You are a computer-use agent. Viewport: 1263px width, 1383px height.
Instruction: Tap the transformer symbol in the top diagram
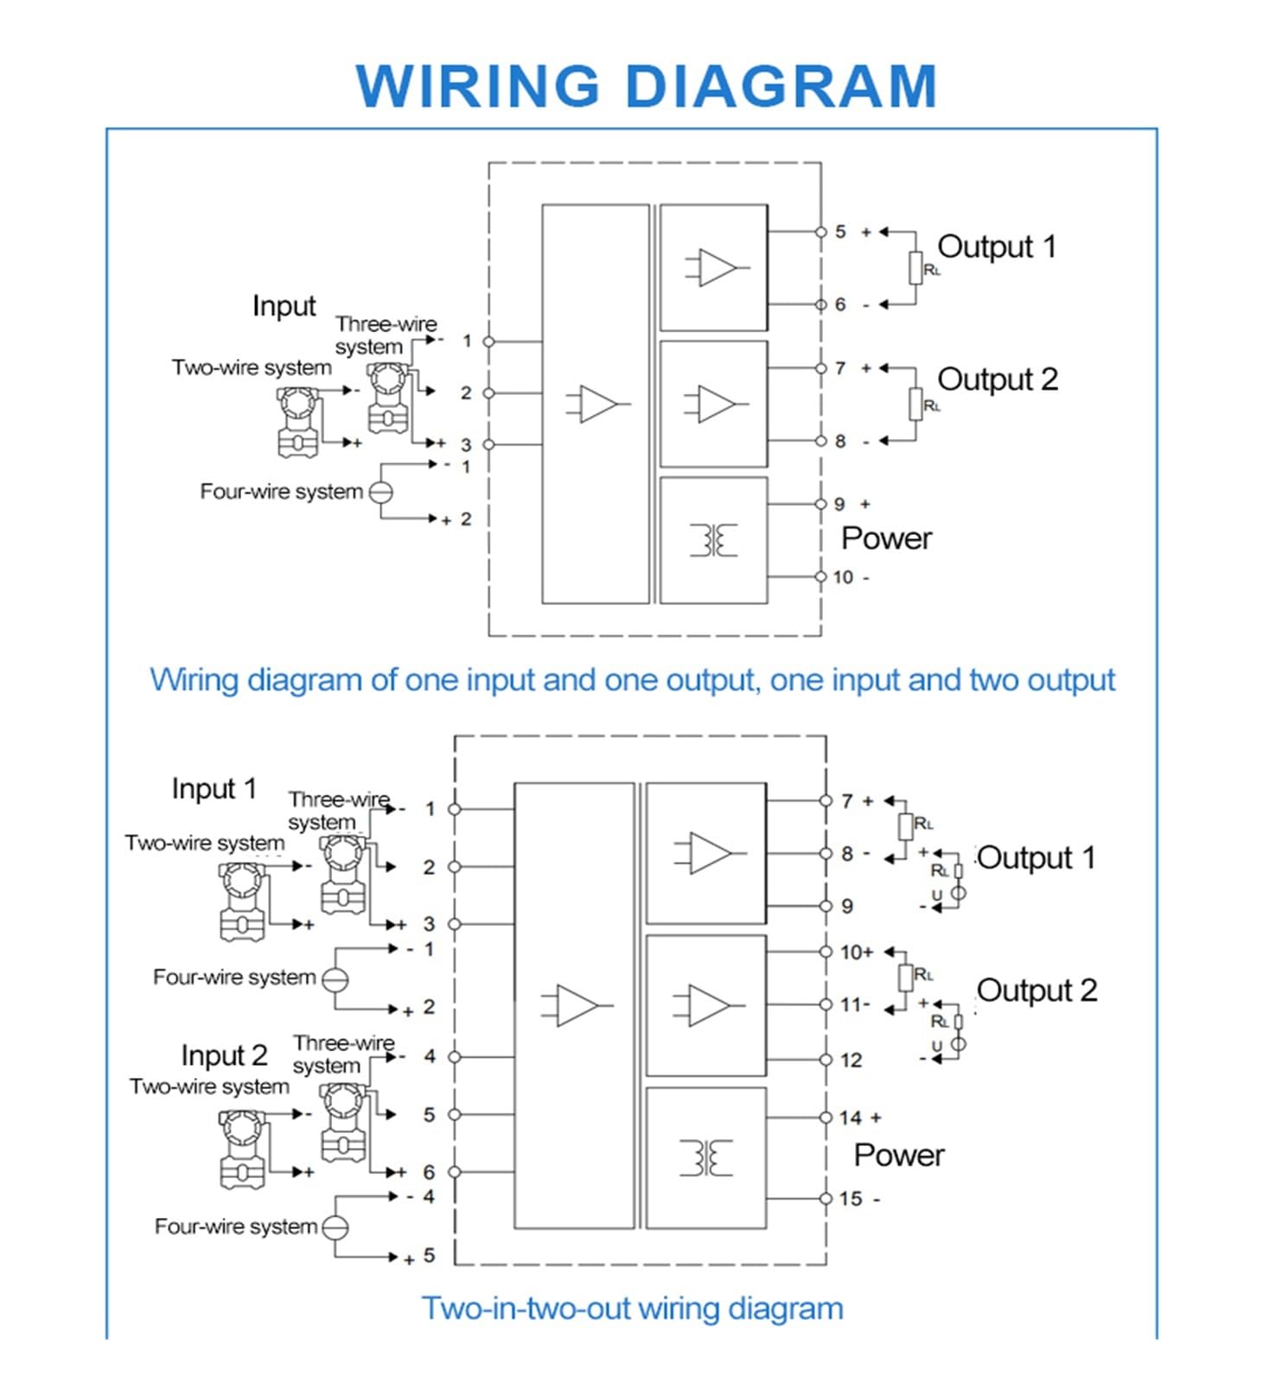(713, 540)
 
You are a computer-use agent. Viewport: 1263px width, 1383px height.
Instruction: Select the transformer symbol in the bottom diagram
(705, 1158)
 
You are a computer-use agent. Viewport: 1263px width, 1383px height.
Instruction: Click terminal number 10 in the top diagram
(843, 577)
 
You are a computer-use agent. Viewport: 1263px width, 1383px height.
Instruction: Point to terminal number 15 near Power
(851, 1199)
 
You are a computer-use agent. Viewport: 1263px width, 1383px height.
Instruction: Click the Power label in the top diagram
(887, 539)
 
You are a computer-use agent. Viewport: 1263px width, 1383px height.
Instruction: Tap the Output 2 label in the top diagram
(998, 379)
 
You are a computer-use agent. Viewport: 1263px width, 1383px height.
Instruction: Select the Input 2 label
(224, 1055)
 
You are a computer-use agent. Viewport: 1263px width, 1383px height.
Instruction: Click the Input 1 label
(214, 788)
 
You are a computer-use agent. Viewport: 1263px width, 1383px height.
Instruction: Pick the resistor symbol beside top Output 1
(915, 268)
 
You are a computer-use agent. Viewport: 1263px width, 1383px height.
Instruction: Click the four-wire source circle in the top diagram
(381, 492)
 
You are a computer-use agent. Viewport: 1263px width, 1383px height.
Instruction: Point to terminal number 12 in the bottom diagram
(851, 1061)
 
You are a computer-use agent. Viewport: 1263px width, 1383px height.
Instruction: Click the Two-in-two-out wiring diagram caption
(632, 1308)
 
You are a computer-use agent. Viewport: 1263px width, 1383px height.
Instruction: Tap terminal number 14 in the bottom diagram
(851, 1118)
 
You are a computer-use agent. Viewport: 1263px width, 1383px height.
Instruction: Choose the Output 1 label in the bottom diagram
(1037, 857)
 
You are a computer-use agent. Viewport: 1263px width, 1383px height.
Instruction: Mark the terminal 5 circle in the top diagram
(820, 232)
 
